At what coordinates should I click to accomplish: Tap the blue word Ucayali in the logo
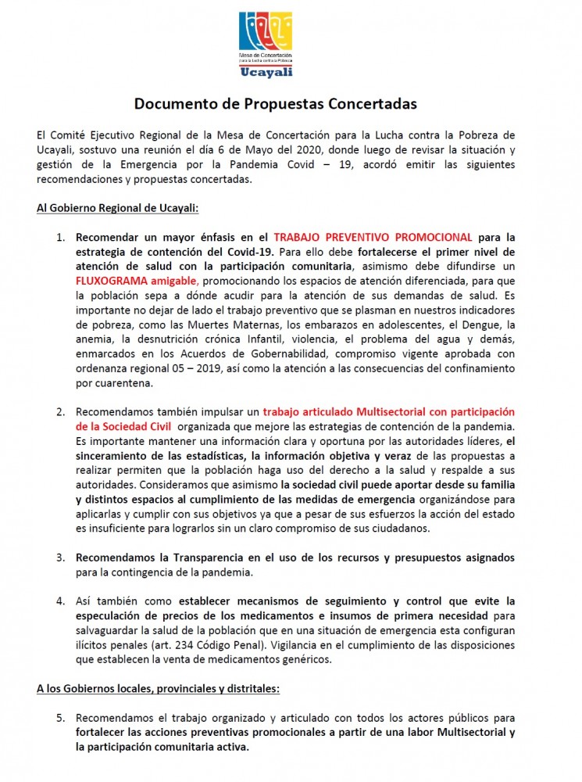click(266, 71)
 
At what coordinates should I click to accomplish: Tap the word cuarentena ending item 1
click(118, 382)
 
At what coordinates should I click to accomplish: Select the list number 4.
click(60, 601)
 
